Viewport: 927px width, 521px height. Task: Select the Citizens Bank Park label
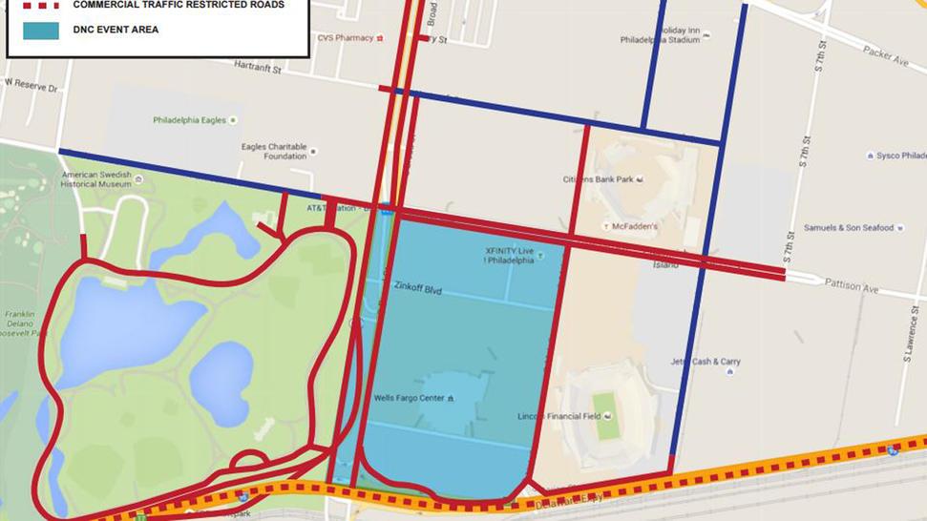click(x=597, y=178)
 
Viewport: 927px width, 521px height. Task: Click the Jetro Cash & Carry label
click(x=705, y=362)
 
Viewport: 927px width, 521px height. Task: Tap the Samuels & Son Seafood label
click(x=848, y=227)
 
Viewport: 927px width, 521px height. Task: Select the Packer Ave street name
click(x=886, y=57)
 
